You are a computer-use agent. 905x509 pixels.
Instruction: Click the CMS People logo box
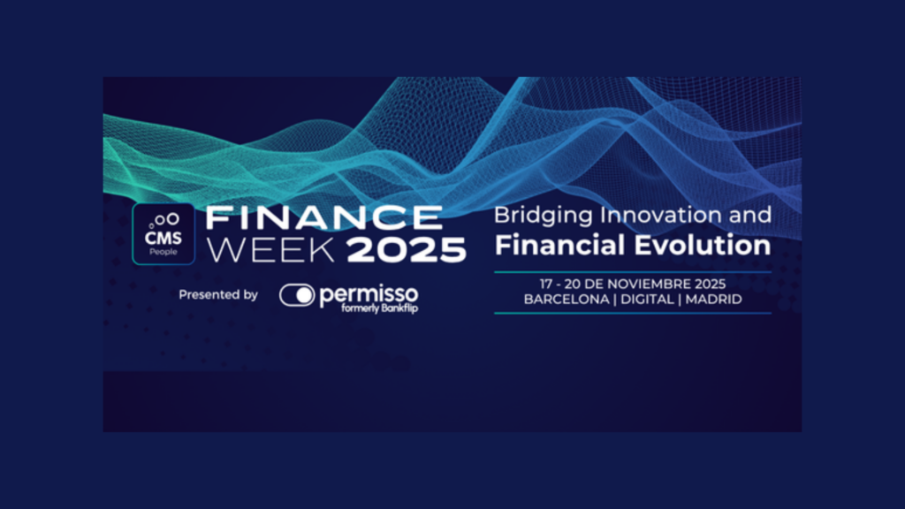[164, 233]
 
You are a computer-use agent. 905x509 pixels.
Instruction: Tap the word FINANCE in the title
[324, 218]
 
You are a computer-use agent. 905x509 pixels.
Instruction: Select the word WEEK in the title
[270, 250]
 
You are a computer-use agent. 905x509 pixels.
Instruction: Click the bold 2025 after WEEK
[407, 250]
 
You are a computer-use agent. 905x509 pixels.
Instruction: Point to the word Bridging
[544, 217]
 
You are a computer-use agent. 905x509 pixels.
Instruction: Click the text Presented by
[218, 295]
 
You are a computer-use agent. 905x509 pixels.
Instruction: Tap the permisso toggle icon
[297, 295]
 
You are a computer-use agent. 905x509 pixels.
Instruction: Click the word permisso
[369, 294]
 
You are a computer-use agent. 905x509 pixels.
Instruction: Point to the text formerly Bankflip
[379, 308]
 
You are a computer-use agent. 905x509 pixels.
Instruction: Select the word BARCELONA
[567, 300]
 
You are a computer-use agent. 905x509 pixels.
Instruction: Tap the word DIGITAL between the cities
[647, 300]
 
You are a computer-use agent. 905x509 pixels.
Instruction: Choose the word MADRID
[713, 300]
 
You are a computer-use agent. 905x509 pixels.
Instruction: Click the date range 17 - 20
[559, 284]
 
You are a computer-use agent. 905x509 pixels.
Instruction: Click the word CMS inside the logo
[164, 238]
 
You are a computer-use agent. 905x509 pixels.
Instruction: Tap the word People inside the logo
[164, 252]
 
